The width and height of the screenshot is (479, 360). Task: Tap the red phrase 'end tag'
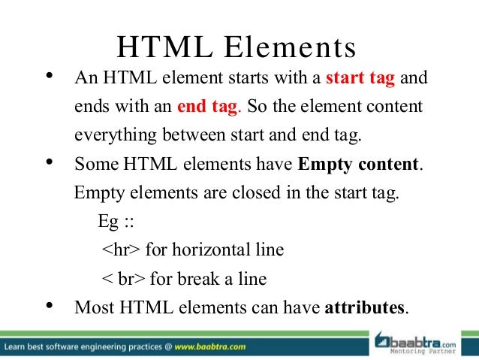[207, 107]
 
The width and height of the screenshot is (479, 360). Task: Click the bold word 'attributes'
[365, 307]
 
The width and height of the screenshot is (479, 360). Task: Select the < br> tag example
[124, 280]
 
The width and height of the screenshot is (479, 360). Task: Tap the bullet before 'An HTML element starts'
[50, 76]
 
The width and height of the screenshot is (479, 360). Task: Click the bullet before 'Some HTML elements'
[50, 162]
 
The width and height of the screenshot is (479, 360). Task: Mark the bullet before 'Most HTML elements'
[50, 305]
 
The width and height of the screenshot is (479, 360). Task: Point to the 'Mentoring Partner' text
[433, 350]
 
